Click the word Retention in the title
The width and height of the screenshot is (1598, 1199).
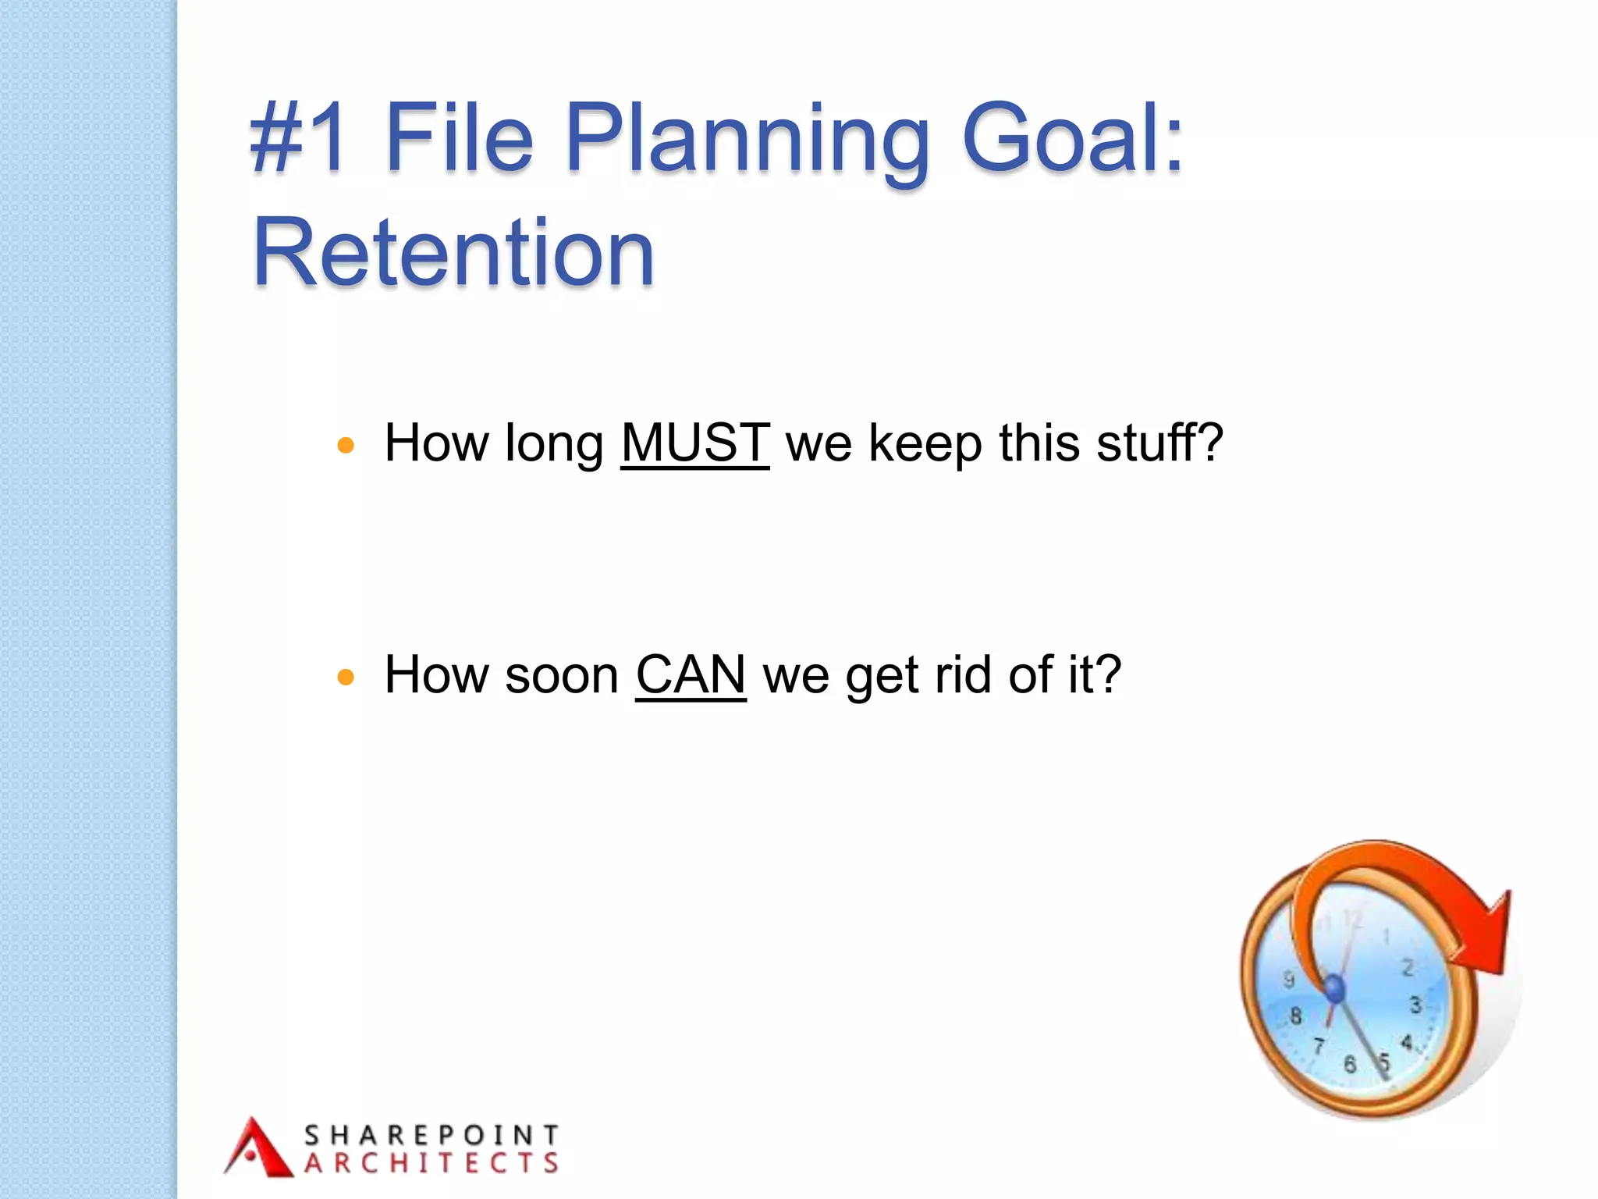point(453,252)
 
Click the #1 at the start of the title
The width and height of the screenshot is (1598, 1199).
point(297,138)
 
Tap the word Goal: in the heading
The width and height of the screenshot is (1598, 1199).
point(1073,138)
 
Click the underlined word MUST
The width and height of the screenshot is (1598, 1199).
point(694,443)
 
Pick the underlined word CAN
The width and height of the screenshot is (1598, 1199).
point(691,674)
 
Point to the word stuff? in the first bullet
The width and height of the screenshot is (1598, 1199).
point(1159,443)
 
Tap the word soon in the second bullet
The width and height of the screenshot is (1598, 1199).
point(561,675)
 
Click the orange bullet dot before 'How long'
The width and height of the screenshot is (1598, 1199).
point(346,446)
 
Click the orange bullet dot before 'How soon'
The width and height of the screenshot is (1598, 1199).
point(346,677)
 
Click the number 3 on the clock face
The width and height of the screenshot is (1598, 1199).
point(1415,1005)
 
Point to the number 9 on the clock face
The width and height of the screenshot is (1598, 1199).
point(1289,979)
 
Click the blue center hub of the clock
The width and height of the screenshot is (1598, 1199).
point(1335,989)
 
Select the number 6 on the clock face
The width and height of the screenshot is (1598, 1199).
point(1350,1064)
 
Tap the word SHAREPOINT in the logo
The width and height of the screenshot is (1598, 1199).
point(431,1134)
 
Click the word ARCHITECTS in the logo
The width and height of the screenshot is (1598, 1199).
point(431,1163)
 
